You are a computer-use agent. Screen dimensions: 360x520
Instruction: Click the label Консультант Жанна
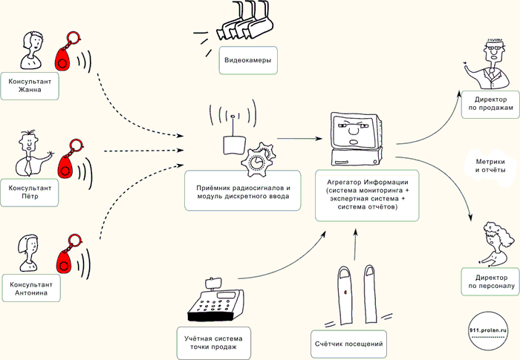30,86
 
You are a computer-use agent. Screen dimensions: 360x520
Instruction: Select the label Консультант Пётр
30,193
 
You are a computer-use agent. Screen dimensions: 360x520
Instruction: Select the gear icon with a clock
257,157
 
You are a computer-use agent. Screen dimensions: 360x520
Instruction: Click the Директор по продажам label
487,103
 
